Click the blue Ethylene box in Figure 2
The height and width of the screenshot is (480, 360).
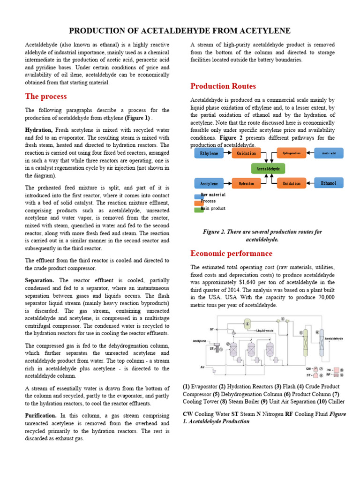tap(209, 153)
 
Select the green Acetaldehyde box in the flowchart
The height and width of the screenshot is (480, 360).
tap(268, 168)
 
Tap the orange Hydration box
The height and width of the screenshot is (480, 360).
tap(246, 183)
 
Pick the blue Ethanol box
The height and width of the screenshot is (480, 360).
tap(328, 183)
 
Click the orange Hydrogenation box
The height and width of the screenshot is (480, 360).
tap(291, 153)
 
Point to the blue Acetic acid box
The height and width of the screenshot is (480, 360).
tap(328, 153)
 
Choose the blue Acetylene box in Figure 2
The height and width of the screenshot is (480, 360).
tap(209, 183)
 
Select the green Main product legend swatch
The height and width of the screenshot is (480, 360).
tap(199, 209)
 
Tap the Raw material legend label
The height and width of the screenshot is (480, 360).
tap(213, 195)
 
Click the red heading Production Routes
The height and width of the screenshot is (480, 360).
tap(223, 86)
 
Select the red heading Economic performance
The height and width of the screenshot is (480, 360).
tap(231, 254)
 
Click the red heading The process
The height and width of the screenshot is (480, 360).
tap(46, 97)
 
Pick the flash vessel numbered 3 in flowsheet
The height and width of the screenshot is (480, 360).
tap(248, 323)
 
